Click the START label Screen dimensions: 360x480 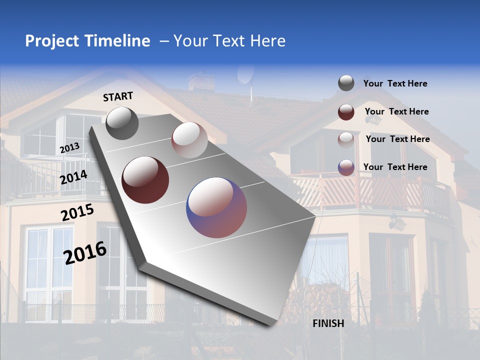click(x=118, y=96)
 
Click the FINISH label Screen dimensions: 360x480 click(x=328, y=323)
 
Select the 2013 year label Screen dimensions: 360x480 click(x=69, y=148)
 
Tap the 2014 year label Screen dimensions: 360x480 click(x=73, y=177)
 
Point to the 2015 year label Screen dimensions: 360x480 click(x=77, y=212)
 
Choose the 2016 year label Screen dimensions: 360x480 click(x=85, y=252)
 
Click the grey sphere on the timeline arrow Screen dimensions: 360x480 click(x=122, y=123)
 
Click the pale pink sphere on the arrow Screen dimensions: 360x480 click(x=189, y=139)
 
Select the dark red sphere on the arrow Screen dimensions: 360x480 click(x=145, y=179)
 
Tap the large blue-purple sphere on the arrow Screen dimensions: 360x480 click(x=216, y=207)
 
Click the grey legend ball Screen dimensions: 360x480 click(x=346, y=83)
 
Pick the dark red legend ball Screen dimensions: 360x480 click(x=346, y=111)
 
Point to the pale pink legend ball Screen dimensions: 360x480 click(x=346, y=139)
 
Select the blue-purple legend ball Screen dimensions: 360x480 click(x=346, y=167)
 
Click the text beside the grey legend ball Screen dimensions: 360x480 click(x=395, y=83)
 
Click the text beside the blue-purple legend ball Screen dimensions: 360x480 click(x=395, y=167)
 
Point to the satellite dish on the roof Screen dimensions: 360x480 click(x=245, y=75)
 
